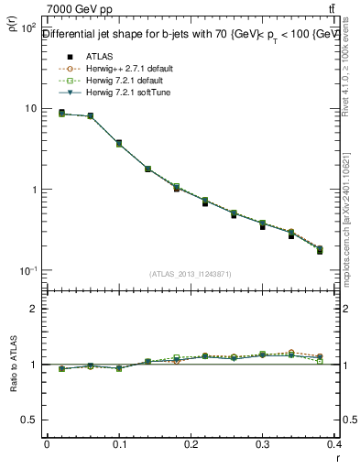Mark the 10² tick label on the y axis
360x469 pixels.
click(27, 28)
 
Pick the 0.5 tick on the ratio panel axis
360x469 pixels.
click(28, 420)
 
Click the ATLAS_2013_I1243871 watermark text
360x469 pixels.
click(191, 274)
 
